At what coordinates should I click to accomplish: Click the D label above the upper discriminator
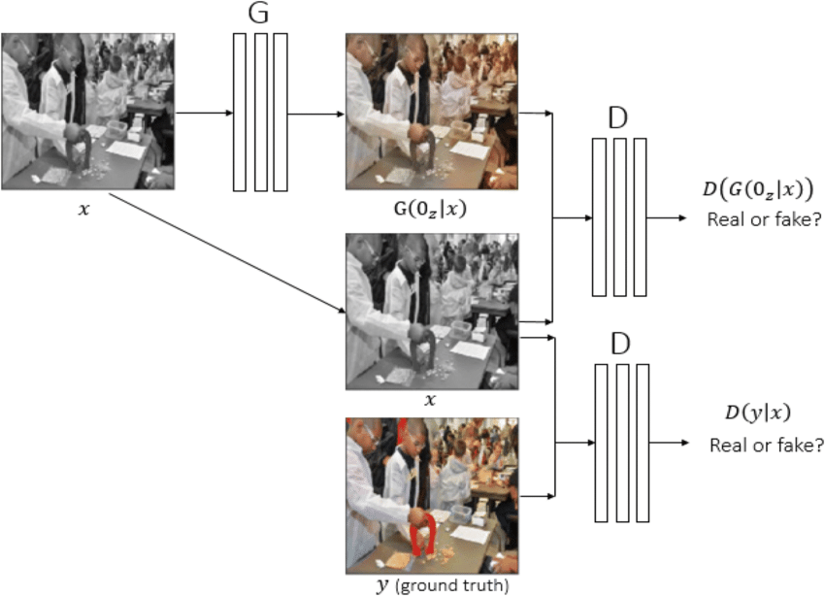point(618,119)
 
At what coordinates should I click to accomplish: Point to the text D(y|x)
point(750,414)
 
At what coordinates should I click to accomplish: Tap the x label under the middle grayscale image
point(431,399)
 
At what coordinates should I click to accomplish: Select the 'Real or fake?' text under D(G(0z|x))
point(765,219)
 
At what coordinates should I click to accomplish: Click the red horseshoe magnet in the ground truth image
point(423,534)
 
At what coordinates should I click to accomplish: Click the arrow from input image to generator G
point(204,113)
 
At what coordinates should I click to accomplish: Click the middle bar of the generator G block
point(261,113)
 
